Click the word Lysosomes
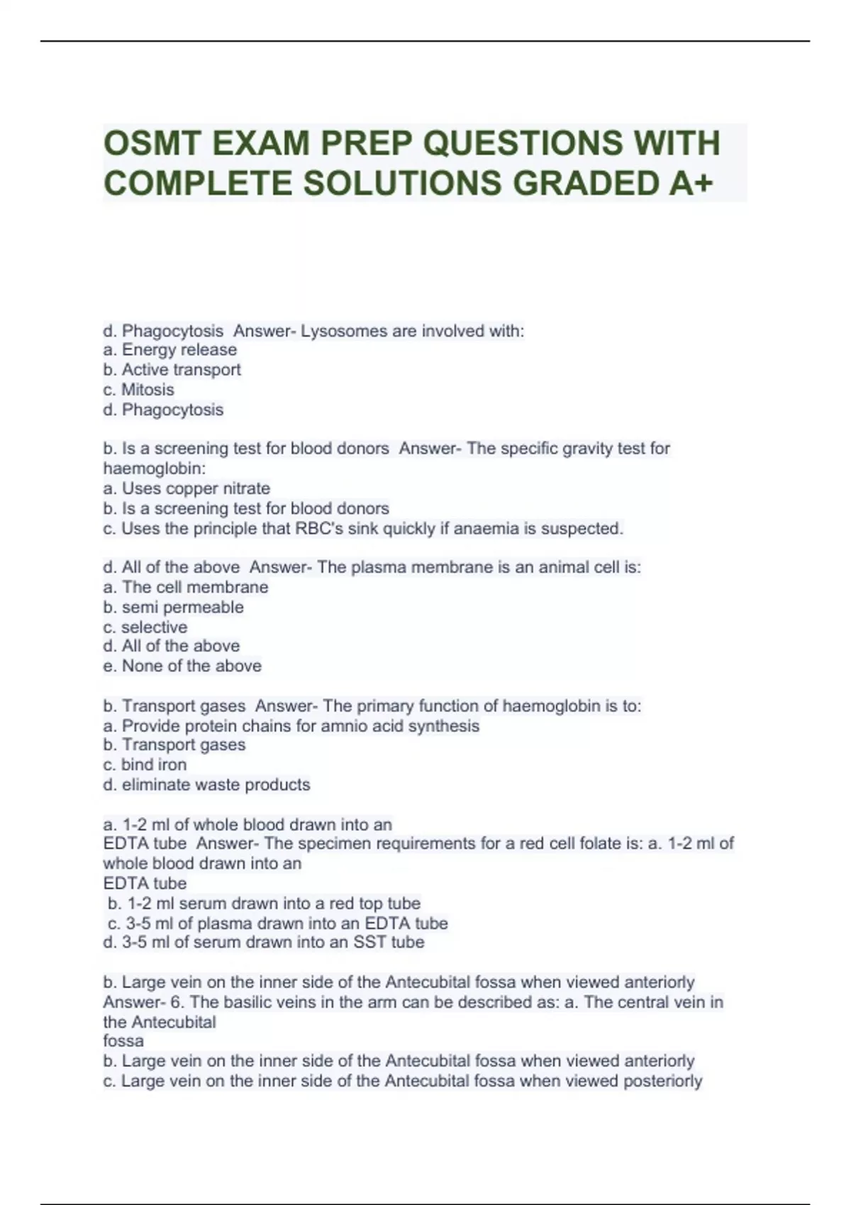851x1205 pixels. (x=338, y=331)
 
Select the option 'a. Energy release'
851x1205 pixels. (x=170, y=350)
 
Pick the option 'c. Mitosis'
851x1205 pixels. (x=138, y=390)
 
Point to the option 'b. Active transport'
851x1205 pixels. (x=172, y=370)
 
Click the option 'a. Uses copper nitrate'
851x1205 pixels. (x=187, y=488)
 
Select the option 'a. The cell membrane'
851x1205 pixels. (x=186, y=587)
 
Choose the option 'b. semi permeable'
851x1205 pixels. (x=173, y=607)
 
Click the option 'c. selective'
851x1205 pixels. (x=145, y=627)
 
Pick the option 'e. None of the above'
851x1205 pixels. (x=182, y=666)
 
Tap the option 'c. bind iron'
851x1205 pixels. (x=145, y=765)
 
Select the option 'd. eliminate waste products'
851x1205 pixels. (x=206, y=785)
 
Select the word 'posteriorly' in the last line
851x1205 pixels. (x=662, y=1082)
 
